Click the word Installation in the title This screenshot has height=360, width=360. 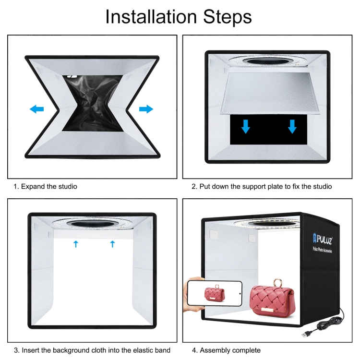point(151,17)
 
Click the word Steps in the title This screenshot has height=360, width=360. point(228,17)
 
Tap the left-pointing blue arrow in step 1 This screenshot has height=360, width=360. point(37,109)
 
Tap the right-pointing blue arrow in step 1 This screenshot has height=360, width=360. point(146,109)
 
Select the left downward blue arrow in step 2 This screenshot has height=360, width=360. point(245,126)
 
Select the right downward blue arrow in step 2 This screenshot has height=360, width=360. point(292,126)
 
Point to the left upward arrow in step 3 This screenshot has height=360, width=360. point(76,244)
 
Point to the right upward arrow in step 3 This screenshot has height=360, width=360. point(112,244)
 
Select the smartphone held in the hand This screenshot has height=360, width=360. point(215,293)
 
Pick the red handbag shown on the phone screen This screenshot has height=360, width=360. point(215,293)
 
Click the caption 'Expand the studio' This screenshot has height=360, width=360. point(49,186)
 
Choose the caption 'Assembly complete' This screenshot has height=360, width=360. point(230,350)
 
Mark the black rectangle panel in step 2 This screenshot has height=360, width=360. point(268,130)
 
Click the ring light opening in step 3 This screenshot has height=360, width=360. point(92,224)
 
